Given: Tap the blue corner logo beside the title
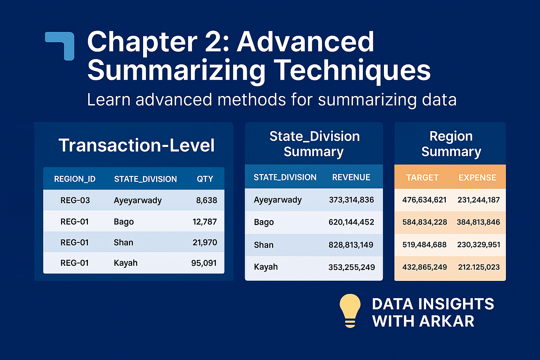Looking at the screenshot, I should (x=60, y=45).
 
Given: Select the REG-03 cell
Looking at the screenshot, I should (x=75, y=200).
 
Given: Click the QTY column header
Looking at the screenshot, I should (x=205, y=179).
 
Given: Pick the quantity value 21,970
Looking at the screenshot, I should (x=205, y=242).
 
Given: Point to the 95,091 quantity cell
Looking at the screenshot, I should (x=204, y=263).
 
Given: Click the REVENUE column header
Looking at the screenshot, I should (x=351, y=178).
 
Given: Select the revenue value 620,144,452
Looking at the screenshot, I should (x=351, y=222).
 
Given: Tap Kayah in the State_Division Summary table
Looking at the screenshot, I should (x=266, y=267).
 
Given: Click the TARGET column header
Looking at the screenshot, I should (x=422, y=178).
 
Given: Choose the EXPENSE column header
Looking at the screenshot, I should (x=477, y=178).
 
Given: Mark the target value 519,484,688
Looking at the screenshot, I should (x=424, y=245).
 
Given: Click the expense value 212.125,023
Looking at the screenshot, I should (x=478, y=267).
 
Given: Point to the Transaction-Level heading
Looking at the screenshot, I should (x=136, y=145).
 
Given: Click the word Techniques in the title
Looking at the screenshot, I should (x=352, y=70).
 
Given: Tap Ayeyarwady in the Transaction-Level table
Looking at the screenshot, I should (x=138, y=200).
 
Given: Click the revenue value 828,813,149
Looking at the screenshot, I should (x=351, y=245).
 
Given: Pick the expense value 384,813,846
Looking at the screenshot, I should (x=478, y=222).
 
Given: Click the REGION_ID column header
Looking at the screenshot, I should (x=75, y=179).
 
